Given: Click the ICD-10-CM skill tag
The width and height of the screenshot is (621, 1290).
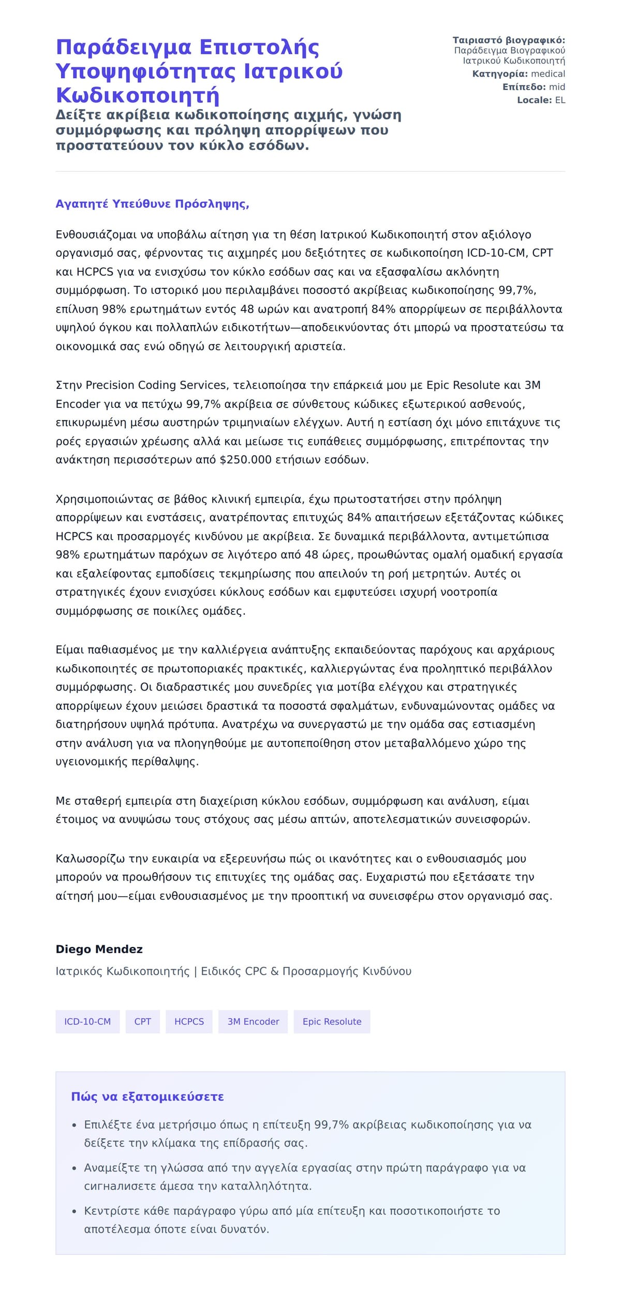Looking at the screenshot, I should click(x=87, y=1021).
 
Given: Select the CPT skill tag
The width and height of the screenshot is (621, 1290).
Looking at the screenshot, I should click(x=142, y=1021).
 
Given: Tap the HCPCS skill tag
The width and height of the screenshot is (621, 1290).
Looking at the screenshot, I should click(x=189, y=1021).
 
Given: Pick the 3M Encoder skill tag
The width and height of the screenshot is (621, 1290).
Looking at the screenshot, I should click(x=253, y=1021).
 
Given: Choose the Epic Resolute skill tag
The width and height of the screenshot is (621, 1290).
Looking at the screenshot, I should click(x=332, y=1021).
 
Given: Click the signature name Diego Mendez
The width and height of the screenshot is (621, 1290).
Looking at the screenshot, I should click(x=99, y=949).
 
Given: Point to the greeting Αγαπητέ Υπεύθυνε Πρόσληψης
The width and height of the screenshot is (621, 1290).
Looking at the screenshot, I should click(x=152, y=204).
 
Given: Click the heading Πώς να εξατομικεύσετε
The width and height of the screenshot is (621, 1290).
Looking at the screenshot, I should click(x=147, y=1096).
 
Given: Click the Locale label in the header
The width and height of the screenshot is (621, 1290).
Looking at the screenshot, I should click(x=534, y=100).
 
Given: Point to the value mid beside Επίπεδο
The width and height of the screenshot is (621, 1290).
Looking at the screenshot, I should click(x=557, y=87).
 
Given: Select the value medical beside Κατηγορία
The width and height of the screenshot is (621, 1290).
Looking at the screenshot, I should click(x=548, y=74).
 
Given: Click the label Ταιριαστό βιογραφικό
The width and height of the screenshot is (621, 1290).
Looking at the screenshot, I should click(x=509, y=40).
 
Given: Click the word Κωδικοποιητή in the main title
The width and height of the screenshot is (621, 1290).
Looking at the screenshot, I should click(x=138, y=96).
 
